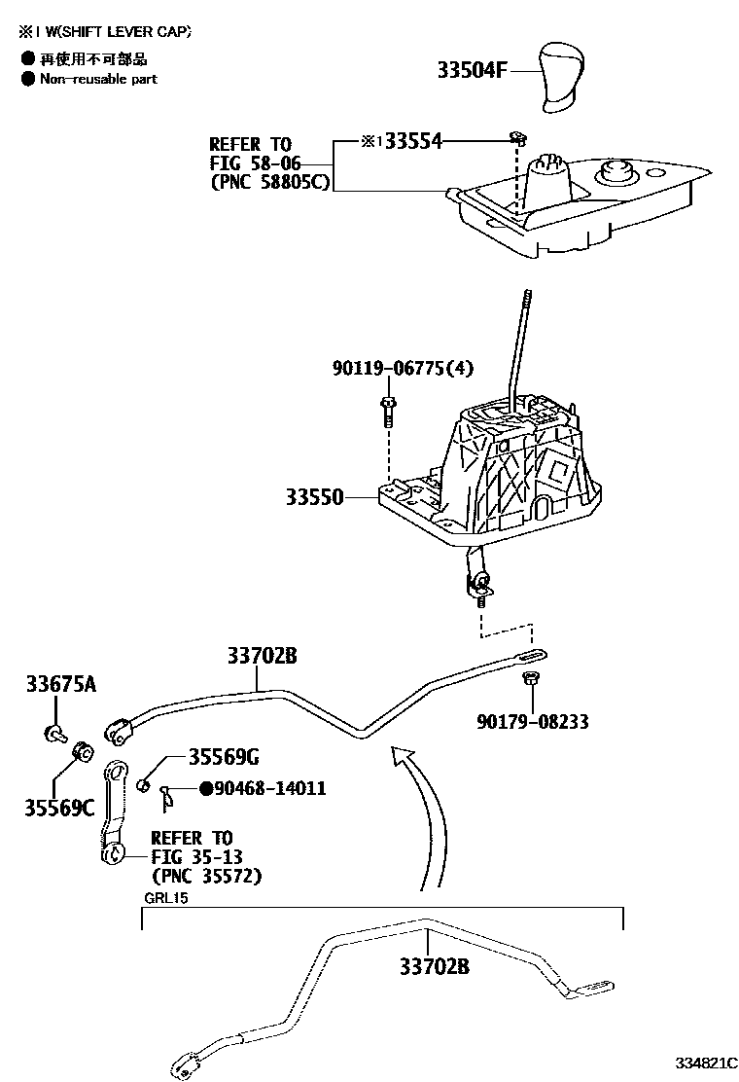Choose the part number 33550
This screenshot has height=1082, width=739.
[314, 497]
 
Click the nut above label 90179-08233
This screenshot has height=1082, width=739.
[531, 678]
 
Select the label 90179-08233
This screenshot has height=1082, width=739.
[532, 722]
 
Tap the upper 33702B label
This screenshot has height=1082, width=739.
[262, 657]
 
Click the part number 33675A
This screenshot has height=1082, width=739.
[60, 685]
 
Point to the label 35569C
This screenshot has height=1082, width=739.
[59, 807]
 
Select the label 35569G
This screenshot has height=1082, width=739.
[224, 757]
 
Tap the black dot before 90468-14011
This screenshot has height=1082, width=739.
[205, 788]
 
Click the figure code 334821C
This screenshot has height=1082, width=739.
[702, 1062]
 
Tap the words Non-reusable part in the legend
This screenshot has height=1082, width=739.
[98, 79]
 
